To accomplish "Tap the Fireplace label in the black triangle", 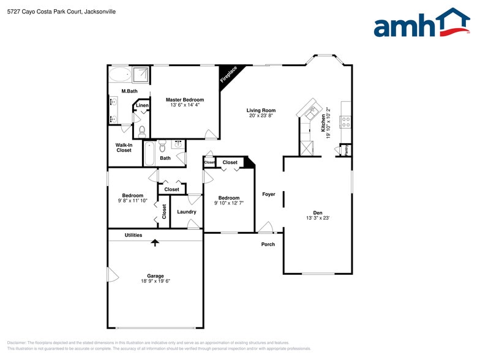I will pyautogui.click(x=229, y=75).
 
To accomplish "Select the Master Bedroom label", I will pyautogui.click(x=185, y=99).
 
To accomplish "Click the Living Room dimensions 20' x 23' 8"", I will pyautogui.click(x=261, y=116).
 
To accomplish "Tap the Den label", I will pyautogui.click(x=318, y=212).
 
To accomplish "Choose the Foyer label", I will pyautogui.click(x=269, y=194).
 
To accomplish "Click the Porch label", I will pyautogui.click(x=268, y=244).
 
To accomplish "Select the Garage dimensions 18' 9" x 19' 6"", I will pyautogui.click(x=155, y=281).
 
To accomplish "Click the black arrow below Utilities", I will pyautogui.click(x=155, y=242).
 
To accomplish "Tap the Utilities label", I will pyautogui.click(x=133, y=235).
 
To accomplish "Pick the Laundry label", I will pyautogui.click(x=187, y=212).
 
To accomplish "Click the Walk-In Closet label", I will pyautogui.click(x=124, y=148).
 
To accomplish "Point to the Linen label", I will pyautogui.click(x=142, y=106).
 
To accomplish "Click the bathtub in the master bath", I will pyautogui.click(x=120, y=75).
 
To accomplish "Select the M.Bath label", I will pyautogui.click(x=129, y=91).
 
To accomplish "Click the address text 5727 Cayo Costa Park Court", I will pyautogui.click(x=47, y=12).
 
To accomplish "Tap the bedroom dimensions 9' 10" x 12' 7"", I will pyautogui.click(x=229, y=203).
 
